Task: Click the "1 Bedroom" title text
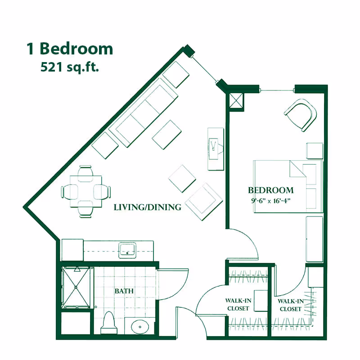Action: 70,49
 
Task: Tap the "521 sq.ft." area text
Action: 70,67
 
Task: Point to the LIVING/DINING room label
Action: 147,207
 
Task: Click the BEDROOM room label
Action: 270,190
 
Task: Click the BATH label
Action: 124,291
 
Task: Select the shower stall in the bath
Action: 76,287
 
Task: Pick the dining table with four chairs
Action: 85,192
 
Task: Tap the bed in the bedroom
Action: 288,186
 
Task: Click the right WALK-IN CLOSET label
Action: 290,305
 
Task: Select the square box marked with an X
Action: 236,100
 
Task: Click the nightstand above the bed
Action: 315,150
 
